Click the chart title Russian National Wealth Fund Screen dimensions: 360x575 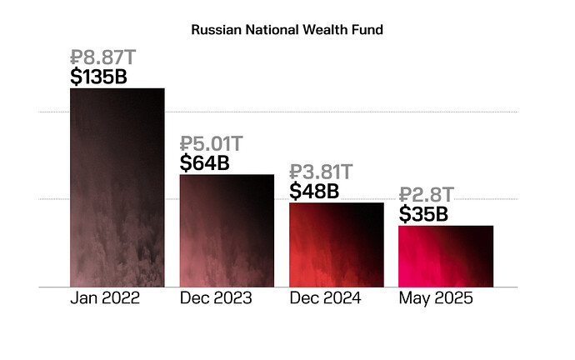pyautogui.click(x=287, y=30)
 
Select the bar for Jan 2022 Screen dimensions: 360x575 pyautogui.click(x=117, y=187)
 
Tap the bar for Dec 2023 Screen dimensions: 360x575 pyautogui.click(x=227, y=231)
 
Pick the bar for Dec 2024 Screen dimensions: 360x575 pyautogui.click(x=336, y=245)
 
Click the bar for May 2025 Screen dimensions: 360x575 pyautogui.click(x=446, y=256)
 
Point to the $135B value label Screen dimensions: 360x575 pyautogui.click(x=105, y=77)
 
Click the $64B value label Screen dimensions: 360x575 pyautogui.click(x=205, y=162)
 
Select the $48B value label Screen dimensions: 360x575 pyautogui.click(x=314, y=191)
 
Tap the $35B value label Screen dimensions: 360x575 pyautogui.click(x=423, y=214)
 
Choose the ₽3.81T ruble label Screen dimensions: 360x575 pyautogui.click(x=322, y=172)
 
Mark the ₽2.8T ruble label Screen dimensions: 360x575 pyautogui.click(x=427, y=196)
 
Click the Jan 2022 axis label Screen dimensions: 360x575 pyautogui.click(x=106, y=298)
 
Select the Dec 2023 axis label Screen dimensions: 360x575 pyautogui.click(x=216, y=298)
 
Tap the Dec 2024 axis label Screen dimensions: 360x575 pyautogui.click(x=325, y=298)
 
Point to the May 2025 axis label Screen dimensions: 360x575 pyautogui.click(x=436, y=298)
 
